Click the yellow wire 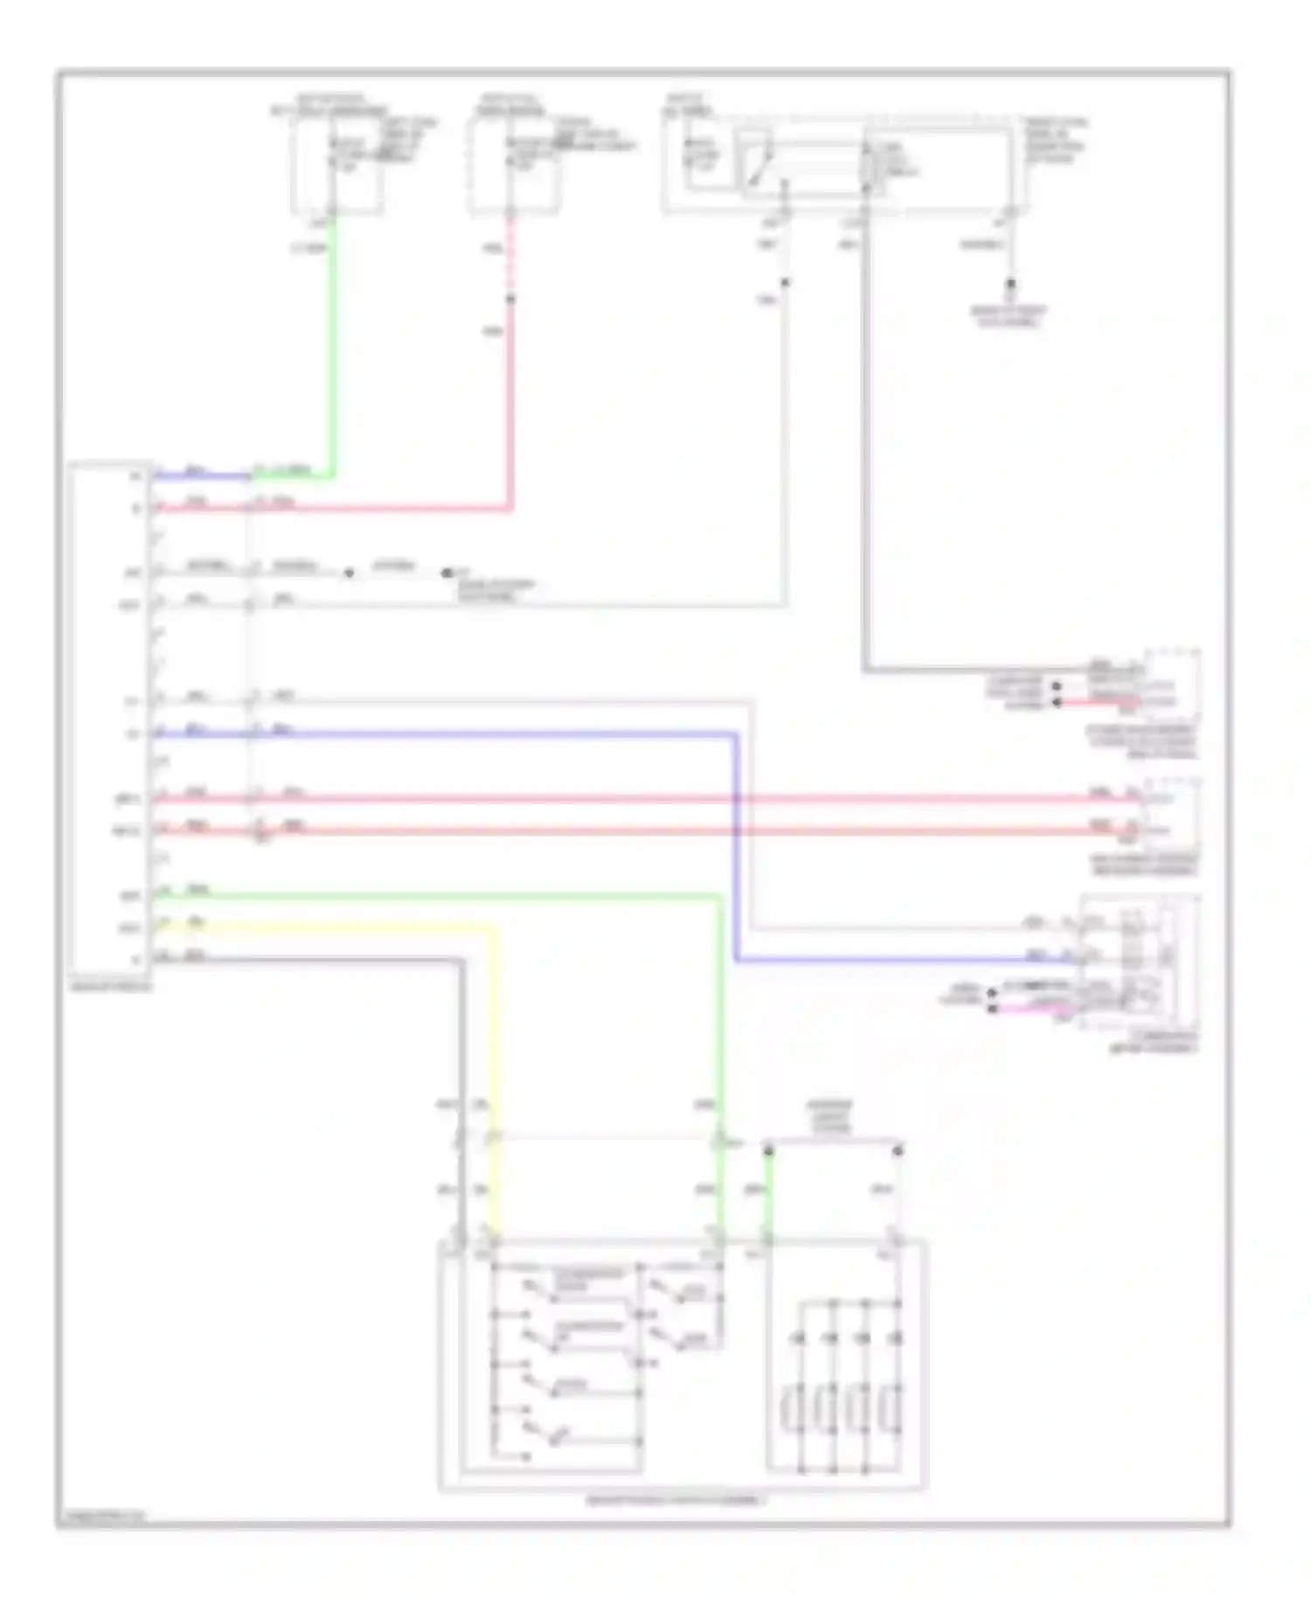coord(494,1049)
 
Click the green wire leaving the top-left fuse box coord(332,350)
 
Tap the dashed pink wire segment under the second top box coord(511,258)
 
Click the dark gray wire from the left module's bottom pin coord(461,1049)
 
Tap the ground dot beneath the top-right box coord(1010,284)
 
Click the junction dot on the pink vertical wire coord(511,299)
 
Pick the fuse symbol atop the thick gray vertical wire coord(867,166)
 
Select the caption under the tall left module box coord(111,987)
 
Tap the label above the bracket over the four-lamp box coord(830,1117)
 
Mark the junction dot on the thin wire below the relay coord(785,282)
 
